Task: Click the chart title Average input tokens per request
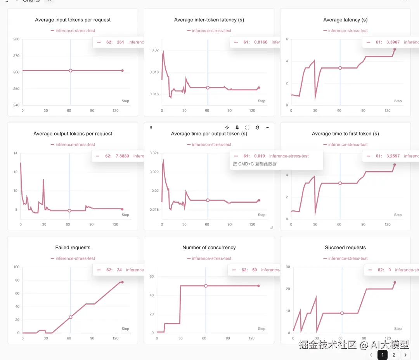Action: pos(73,20)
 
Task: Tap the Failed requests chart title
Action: pos(73,248)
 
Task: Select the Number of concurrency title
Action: pos(209,248)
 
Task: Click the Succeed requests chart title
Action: pos(345,248)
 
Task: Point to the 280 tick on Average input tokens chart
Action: pos(16,39)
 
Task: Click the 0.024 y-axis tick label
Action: pos(154,153)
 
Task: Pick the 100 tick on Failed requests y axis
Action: pos(16,267)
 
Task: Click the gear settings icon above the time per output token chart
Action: pos(257,127)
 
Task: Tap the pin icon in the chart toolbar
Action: pos(237,127)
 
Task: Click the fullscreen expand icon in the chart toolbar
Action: pos(247,127)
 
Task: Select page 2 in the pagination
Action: pos(394,355)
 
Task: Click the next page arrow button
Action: pos(406,355)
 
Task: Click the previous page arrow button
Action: pos(371,355)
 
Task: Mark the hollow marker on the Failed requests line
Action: pos(71,317)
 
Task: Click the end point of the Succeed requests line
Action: pos(395,282)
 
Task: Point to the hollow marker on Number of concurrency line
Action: pos(206,286)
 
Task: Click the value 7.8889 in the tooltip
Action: pos(122,156)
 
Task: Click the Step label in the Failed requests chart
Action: pos(125,329)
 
